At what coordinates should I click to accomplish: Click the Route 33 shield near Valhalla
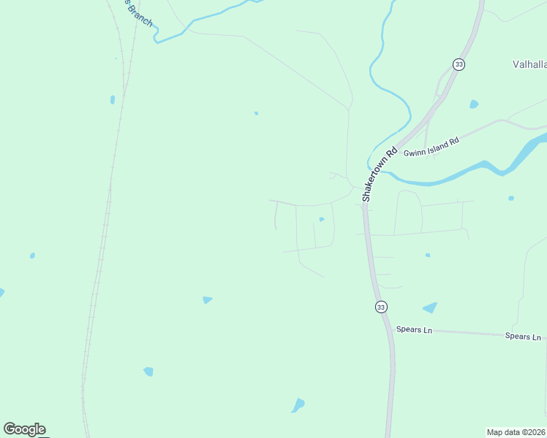tap(459, 64)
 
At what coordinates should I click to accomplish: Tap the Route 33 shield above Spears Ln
tap(381, 307)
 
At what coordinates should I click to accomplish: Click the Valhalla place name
tap(529, 64)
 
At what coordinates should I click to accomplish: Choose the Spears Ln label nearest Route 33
tap(414, 330)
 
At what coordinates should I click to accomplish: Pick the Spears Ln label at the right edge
tap(523, 337)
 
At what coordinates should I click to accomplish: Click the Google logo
tap(24, 429)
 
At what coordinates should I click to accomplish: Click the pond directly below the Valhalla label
tap(474, 104)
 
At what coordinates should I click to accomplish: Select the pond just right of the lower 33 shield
tap(430, 308)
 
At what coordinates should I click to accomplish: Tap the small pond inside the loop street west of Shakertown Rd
tap(321, 219)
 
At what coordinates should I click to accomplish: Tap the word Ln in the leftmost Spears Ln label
tap(426, 331)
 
